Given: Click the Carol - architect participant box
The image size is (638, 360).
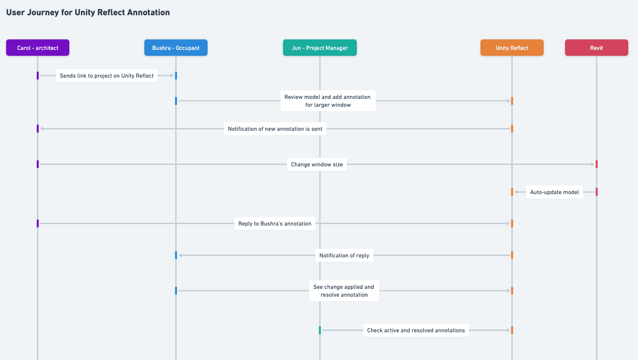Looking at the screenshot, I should tap(37, 48).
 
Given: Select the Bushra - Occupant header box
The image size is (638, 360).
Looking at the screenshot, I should tap(176, 48).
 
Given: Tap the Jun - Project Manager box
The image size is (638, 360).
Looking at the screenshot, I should tap(319, 48).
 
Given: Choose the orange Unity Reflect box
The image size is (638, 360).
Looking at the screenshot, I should tap(512, 48).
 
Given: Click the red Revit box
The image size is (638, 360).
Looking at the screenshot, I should tap(596, 48).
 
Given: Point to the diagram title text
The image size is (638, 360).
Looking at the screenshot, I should tap(88, 12).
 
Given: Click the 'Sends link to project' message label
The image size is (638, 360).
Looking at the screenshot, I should tap(107, 76).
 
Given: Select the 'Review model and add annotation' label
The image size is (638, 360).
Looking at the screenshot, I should tap(327, 101).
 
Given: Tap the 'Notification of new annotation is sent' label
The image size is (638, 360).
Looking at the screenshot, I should tap(275, 129).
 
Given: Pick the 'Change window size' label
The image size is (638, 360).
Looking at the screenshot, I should tap(317, 164).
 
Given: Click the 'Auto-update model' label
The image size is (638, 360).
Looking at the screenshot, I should tap(554, 192).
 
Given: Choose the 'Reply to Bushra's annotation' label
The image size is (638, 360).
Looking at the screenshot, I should tap(275, 224).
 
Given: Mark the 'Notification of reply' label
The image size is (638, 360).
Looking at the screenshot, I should tap(344, 255).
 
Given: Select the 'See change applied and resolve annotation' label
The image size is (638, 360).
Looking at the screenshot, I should tap(344, 291).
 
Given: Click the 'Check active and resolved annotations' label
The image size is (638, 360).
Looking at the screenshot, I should tap(416, 330).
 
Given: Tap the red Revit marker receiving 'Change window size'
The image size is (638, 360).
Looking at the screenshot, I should tap(596, 164).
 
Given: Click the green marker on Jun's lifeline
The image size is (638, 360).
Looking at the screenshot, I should tap(319, 330).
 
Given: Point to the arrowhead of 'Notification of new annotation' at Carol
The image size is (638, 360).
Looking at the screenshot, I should tap(42, 129).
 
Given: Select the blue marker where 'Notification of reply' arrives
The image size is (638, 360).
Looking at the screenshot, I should tap(176, 255).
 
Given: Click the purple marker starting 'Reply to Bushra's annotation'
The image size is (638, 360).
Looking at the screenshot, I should tap(37, 224).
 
